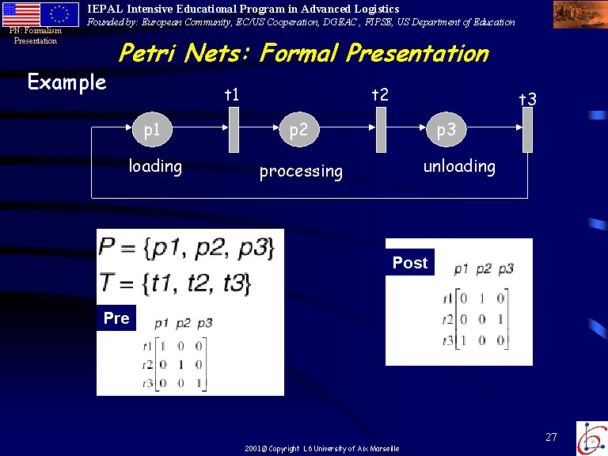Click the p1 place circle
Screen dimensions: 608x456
(152, 130)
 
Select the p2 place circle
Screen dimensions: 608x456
(299, 130)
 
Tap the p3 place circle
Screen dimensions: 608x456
(446, 130)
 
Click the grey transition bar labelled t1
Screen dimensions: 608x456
(234, 130)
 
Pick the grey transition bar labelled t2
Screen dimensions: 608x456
(381, 130)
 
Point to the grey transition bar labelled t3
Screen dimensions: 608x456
(528, 130)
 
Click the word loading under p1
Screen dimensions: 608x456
(155, 167)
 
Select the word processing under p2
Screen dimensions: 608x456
(302, 172)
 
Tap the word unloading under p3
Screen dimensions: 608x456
(459, 167)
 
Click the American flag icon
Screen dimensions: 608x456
(21, 14)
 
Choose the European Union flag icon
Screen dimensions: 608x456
(59, 14)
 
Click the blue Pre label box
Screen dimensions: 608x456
(116, 318)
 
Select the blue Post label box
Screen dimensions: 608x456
(410, 263)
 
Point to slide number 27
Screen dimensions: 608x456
(551, 437)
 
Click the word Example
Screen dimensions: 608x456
(67, 82)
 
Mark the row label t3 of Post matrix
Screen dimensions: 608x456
(448, 341)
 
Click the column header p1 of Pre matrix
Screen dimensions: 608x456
(161, 323)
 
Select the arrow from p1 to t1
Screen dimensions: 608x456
(200, 127)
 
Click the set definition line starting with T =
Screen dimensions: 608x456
(175, 283)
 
